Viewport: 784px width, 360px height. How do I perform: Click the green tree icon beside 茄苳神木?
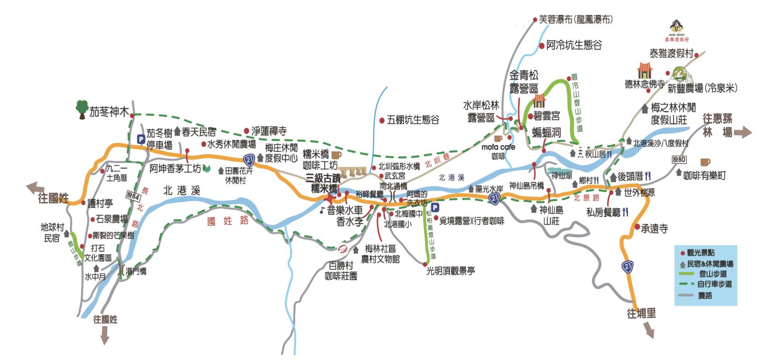82,109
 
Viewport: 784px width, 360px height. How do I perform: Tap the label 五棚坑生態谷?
413,120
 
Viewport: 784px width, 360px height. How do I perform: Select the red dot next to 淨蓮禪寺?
246,131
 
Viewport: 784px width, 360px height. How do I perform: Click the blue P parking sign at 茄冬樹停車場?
140,139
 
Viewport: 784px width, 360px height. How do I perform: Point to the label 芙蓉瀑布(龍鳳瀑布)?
575,20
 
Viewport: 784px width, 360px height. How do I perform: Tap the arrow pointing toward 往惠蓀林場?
743,133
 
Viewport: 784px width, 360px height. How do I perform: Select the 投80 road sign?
679,159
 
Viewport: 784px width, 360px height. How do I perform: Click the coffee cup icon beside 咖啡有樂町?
705,162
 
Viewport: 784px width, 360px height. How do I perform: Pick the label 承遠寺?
654,229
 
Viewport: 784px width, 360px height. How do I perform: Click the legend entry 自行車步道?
714,284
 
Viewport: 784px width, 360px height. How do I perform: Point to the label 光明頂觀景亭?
450,270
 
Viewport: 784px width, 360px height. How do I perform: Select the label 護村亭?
100,203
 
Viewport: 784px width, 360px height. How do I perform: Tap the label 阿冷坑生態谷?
574,45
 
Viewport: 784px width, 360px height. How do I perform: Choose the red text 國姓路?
228,220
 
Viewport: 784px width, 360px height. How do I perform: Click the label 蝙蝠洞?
546,133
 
